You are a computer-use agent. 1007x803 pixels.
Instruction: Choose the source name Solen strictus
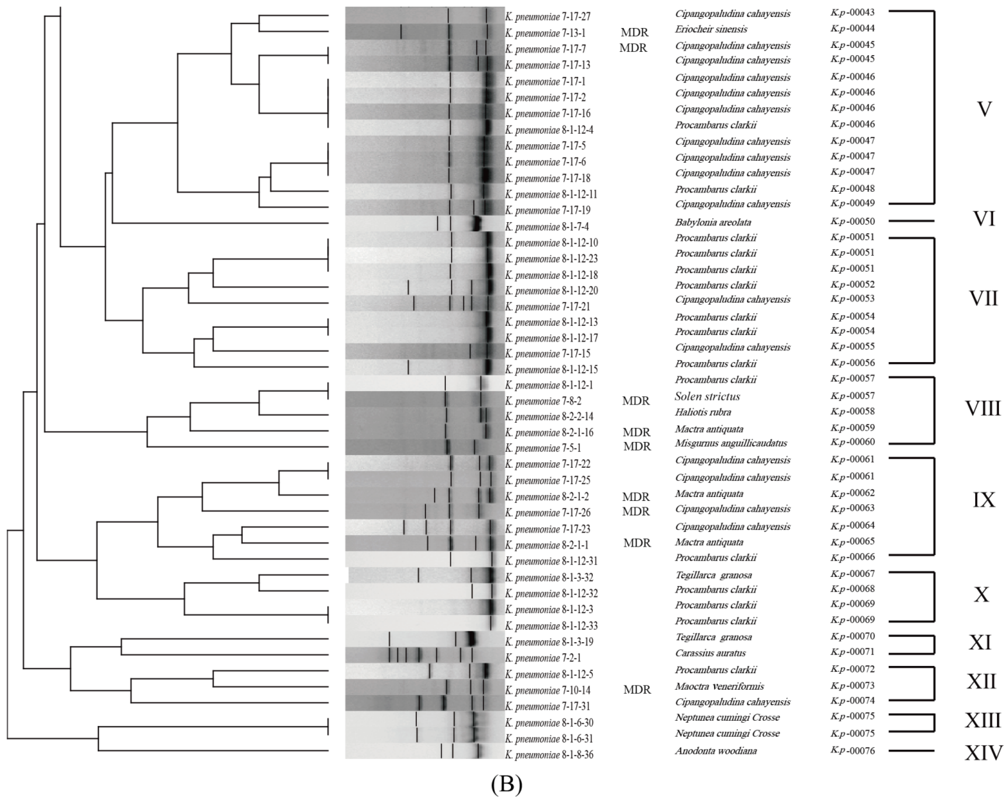coord(707,397)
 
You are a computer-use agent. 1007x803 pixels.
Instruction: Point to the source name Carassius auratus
coord(710,653)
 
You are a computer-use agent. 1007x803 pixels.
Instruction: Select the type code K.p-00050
coord(853,221)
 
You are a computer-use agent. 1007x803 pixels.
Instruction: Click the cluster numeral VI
coord(983,219)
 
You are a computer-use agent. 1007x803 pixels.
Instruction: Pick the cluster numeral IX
coord(983,500)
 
